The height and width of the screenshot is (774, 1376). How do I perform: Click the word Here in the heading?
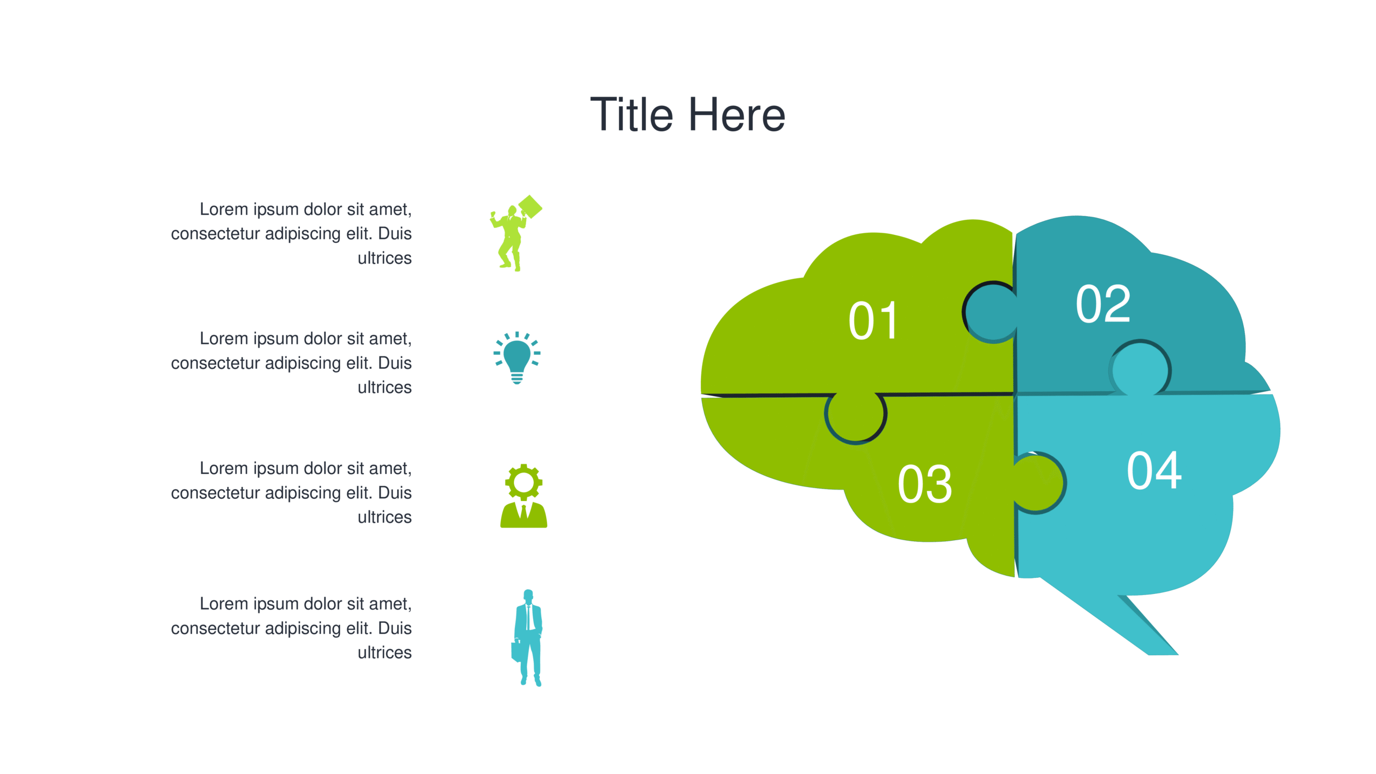coord(737,115)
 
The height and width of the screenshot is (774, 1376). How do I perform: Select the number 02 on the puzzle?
coord(1103,304)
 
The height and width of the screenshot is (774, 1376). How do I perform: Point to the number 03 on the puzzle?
coord(924,484)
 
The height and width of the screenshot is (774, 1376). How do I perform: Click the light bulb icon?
coord(517,358)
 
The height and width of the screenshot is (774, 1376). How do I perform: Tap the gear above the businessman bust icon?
coord(524,482)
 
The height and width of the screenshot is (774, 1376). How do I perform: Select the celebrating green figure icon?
coord(515,233)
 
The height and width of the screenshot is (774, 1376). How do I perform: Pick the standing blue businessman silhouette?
coord(527,638)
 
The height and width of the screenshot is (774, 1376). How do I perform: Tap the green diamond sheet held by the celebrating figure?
coord(531,207)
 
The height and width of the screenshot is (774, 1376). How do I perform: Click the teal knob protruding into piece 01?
coord(990,312)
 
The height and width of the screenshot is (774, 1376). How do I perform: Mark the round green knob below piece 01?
coord(855,416)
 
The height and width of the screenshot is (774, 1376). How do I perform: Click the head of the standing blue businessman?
coord(528,595)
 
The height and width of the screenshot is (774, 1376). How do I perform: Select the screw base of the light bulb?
coord(517,378)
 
